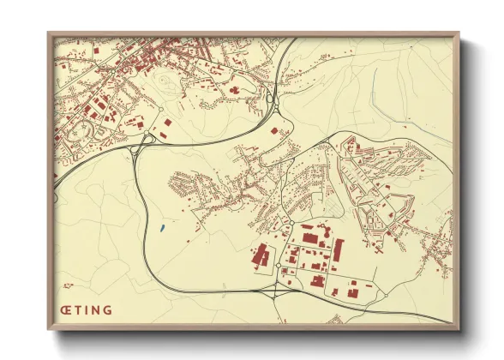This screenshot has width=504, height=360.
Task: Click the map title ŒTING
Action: coord(87,309)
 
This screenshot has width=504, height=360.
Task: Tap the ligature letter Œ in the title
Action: coord(65,309)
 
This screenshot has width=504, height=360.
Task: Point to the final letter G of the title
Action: coord(107,309)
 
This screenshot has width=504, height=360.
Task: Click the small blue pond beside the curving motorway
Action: coord(162,228)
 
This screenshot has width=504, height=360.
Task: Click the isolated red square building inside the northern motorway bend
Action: coord(275,131)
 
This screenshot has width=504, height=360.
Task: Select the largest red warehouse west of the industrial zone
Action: coord(261,256)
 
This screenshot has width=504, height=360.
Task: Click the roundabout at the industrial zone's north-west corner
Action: coord(291,223)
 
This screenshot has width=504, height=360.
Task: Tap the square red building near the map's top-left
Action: coord(95,53)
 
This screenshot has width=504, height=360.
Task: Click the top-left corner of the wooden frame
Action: coord(50,34)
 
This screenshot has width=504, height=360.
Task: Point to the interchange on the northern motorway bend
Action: coord(273,101)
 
